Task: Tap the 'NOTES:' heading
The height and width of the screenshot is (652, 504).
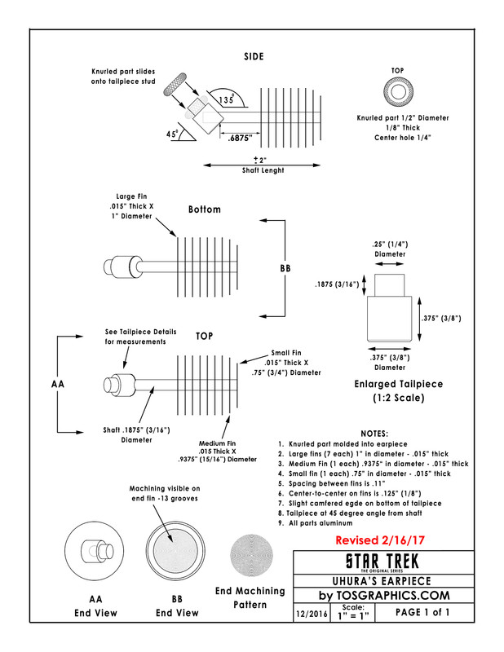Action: (374, 433)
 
